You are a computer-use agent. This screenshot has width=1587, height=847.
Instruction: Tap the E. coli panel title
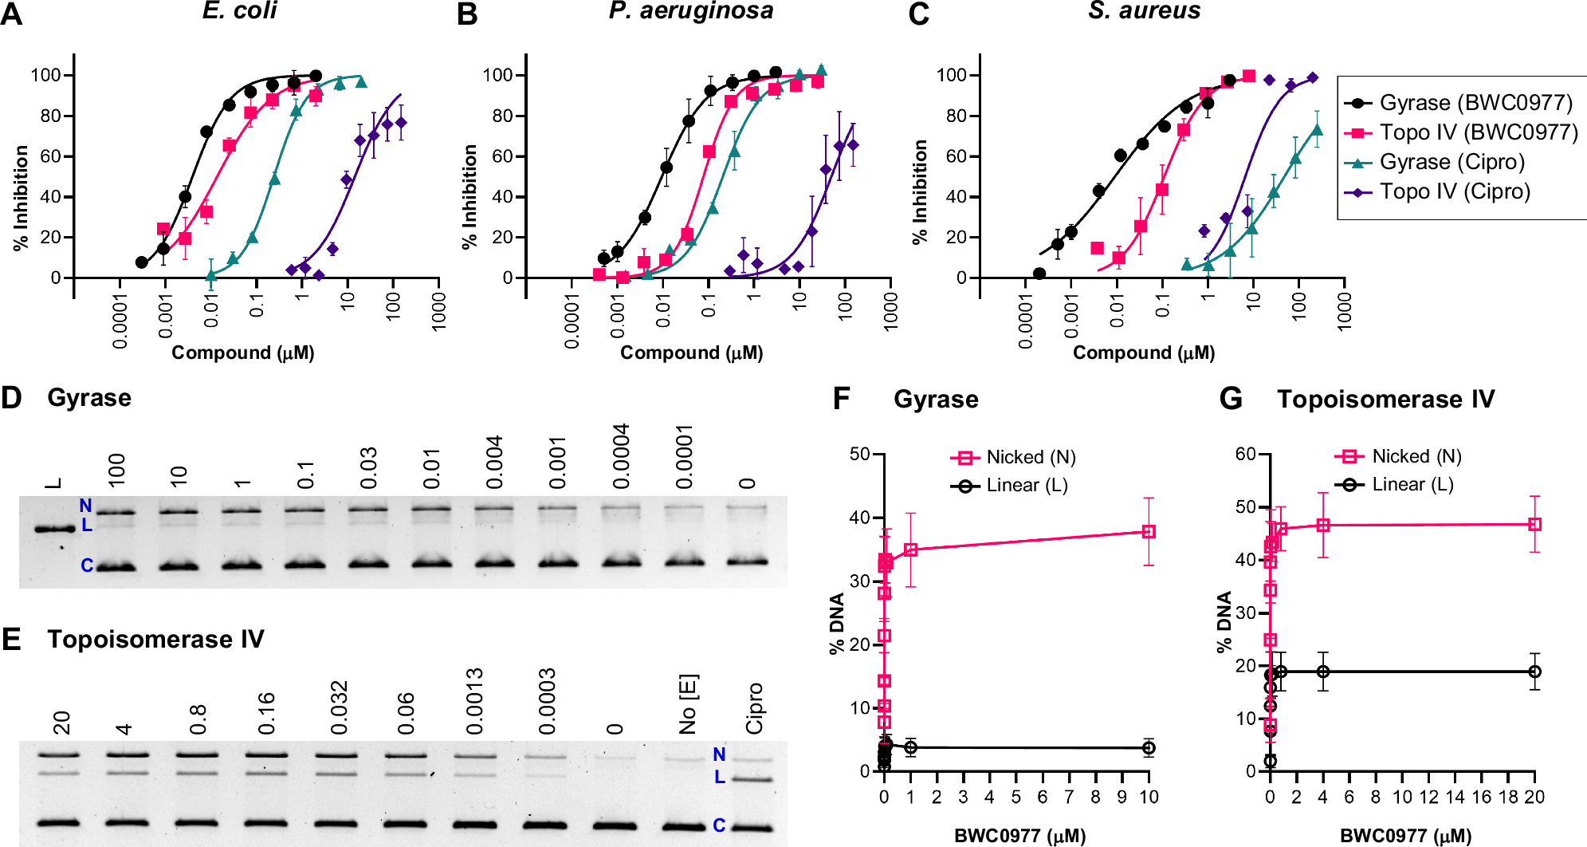[239, 10]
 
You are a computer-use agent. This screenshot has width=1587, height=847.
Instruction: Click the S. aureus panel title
[1144, 10]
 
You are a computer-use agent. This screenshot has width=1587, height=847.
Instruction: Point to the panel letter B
[467, 14]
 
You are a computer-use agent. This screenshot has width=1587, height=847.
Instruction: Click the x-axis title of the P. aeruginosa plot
[691, 353]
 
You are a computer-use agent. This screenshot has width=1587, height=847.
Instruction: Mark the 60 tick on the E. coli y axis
[50, 156]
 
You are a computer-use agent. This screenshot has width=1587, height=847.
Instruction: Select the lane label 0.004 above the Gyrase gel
[494, 462]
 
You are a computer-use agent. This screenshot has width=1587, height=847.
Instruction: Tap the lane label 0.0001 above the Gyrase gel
[684, 457]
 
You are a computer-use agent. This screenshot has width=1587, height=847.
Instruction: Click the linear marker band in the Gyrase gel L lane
[54, 528]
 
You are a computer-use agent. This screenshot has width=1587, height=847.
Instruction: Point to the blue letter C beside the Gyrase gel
[87, 565]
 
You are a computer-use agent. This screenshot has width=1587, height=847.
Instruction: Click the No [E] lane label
[687, 704]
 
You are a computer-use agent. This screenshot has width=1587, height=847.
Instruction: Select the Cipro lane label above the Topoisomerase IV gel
[754, 708]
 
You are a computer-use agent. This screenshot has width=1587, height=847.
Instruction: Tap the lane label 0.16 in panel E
[266, 713]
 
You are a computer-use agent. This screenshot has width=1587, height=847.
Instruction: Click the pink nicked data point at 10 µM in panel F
[1149, 531]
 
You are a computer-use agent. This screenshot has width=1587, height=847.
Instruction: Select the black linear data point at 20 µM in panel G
[1534, 672]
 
